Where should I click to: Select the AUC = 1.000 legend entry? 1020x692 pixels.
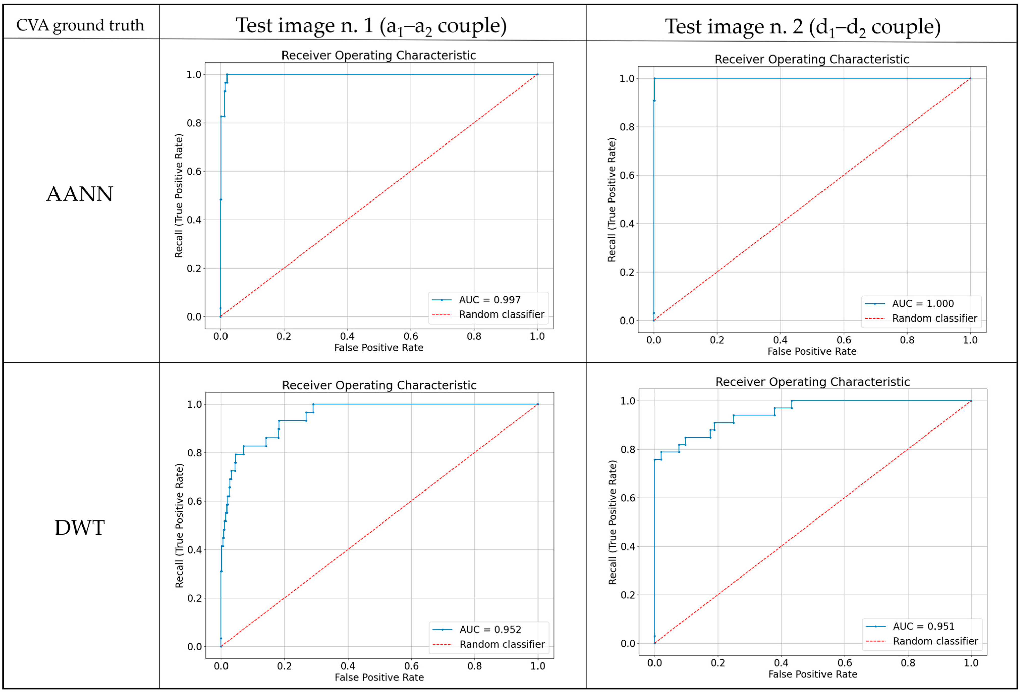tap(922, 304)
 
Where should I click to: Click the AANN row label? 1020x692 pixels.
tap(80, 194)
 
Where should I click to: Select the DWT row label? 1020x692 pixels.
tap(80, 527)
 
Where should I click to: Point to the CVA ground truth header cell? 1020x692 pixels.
tap(80, 25)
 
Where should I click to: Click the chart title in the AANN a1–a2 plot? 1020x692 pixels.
tap(378, 55)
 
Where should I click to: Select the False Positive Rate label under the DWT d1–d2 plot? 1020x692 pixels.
tap(812, 674)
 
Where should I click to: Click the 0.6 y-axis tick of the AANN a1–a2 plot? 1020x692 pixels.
tap(194, 171)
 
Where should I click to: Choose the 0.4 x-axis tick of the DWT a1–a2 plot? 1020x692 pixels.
tap(348, 666)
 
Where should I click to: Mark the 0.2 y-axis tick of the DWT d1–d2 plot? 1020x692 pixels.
tap(628, 595)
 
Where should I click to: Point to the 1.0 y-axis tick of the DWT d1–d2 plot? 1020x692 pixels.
tap(628, 401)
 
